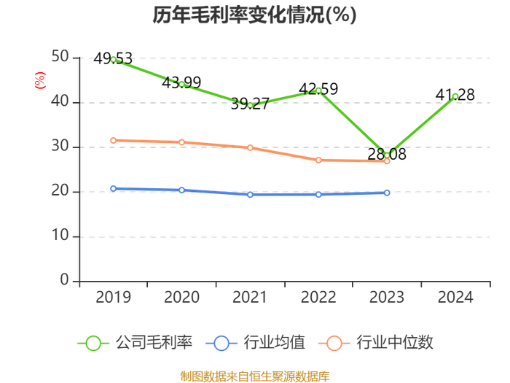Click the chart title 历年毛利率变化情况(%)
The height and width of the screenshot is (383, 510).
pos(254,15)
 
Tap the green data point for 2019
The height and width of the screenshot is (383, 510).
pos(113,60)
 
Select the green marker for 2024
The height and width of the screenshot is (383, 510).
pos(455,96)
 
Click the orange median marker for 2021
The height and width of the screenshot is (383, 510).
pos(250,148)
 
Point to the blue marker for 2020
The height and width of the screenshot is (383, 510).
pos(181,190)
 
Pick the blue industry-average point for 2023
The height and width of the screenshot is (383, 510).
pos(387,193)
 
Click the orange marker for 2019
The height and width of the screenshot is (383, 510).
pos(113,140)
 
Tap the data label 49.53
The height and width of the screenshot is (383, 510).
pos(113,58)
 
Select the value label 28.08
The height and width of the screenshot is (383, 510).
pos(387,154)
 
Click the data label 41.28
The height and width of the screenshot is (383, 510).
pos(455,95)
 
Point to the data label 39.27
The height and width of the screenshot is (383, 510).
pos(250,104)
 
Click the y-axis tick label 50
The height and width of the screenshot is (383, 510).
pos(60,57)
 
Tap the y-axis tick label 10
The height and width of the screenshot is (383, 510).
pos(60,235)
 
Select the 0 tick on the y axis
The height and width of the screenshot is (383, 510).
pos(64,279)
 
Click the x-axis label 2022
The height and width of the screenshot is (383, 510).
pos(318,298)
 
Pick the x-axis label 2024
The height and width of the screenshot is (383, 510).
pos(455,298)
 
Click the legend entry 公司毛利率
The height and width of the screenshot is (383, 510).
pos(135,343)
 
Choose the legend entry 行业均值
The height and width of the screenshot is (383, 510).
pos(255,343)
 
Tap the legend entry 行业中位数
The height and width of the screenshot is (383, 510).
pos(376,343)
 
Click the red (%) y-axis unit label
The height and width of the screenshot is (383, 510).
pos(40,80)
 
